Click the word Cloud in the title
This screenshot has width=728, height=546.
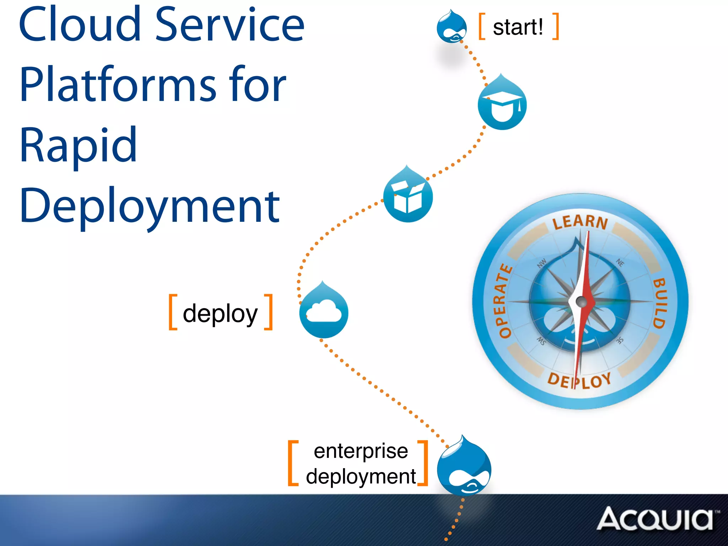pyautogui.click(x=80, y=25)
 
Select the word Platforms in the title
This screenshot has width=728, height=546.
pyautogui.click(x=117, y=85)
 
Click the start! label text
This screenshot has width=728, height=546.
pyautogui.click(x=518, y=27)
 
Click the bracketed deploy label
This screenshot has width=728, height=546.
pyautogui.click(x=220, y=313)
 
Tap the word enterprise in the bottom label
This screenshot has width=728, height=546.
pyautogui.click(x=361, y=451)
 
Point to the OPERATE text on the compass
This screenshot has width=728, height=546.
pyautogui.click(x=503, y=301)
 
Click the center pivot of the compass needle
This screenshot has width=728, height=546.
pyautogui.click(x=581, y=302)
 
